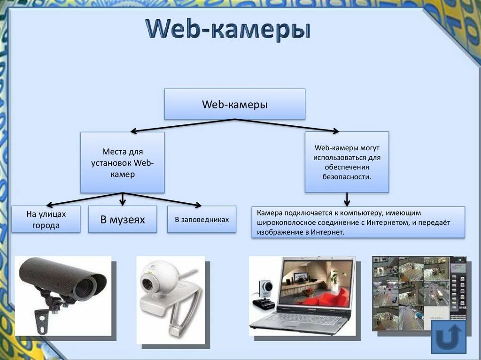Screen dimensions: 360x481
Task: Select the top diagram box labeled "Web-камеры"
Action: coord(234,104)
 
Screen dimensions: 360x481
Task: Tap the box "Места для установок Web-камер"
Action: coord(122,162)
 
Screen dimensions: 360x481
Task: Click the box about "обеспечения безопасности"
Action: coord(347,162)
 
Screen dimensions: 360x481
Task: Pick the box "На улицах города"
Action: coord(46,219)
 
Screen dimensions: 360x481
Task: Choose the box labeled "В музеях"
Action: coord(122,219)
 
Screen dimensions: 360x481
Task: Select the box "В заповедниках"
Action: coord(202,219)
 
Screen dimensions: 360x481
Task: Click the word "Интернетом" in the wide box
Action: coord(390,222)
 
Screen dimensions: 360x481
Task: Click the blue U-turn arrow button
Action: coord(449,337)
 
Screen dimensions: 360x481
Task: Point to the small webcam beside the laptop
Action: coord(265,293)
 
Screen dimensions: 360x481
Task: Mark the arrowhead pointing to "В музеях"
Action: coord(123,203)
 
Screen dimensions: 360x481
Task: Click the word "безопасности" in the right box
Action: coord(347,177)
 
